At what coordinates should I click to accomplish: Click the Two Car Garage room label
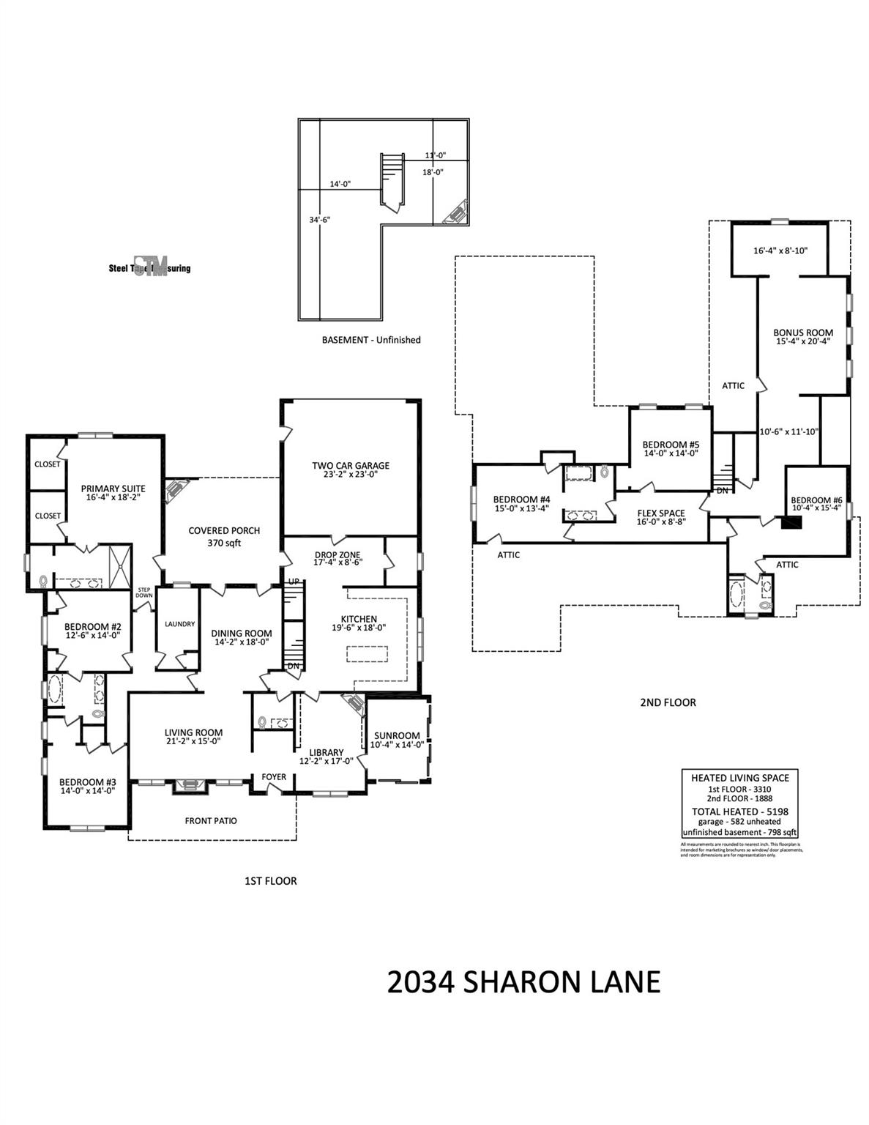pyautogui.click(x=351, y=465)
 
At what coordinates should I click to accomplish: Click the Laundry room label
pyautogui.click(x=179, y=624)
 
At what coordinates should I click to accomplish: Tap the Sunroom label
pyautogui.click(x=397, y=735)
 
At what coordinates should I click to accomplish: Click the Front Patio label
pyautogui.click(x=211, y=821)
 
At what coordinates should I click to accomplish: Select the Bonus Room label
pyautogui.click(x=803, y=333)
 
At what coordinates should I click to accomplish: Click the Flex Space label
pyautogui.click(x=661, y=513)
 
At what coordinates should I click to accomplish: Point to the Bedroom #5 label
pyautogui.click(x=671, y=445)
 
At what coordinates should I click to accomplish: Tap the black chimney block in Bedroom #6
pyautogui.click(x=791, y=523)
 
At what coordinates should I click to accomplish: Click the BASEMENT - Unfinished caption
pyautogui.click(x=371, y=340)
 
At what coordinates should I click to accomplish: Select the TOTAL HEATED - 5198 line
pyautogui.click(x=739, y=812)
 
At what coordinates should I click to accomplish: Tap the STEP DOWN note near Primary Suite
pyautogui.click(x=144, y=593)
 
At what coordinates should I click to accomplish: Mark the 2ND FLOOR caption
pyautogui.click(x=668, y=702)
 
